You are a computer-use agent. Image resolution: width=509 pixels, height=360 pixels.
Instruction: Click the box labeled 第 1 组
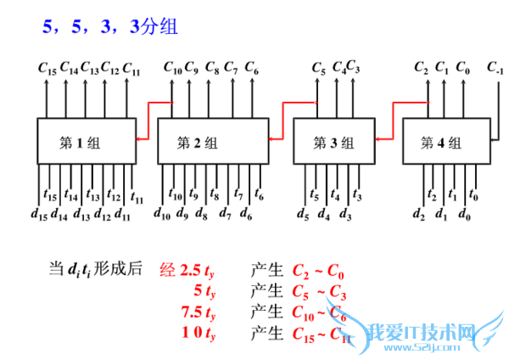[85, 141]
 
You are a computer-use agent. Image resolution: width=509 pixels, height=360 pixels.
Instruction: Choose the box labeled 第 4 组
[446, 141]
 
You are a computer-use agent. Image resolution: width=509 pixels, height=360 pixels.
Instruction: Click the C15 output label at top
[48, 68]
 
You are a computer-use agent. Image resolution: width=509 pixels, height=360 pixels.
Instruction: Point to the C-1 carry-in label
[496, 67]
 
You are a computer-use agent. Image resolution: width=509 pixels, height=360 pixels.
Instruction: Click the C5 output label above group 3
[319, 67]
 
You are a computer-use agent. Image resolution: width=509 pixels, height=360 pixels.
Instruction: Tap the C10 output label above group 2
[171, 67]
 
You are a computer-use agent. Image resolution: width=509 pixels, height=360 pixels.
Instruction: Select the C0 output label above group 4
[462, 67]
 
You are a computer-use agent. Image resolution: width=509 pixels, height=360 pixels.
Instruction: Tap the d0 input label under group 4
[464, 213]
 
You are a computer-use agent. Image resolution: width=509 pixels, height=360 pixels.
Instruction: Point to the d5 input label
[302, 213]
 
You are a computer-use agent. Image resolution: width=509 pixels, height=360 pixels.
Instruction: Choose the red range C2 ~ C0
[318, 273]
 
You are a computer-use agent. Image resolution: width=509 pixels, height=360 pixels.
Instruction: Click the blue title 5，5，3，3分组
[110, 26]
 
